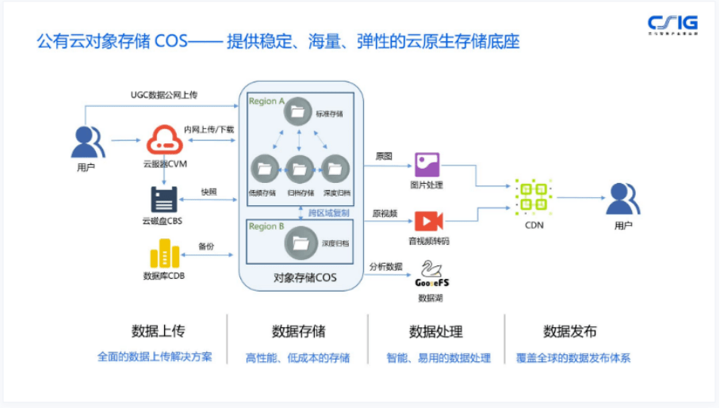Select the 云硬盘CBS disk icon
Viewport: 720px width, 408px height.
tap(165, 198)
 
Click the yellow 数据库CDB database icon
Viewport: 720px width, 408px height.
tap(165, 254)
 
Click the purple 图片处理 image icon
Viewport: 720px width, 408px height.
tap(427, 165)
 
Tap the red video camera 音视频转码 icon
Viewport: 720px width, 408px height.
tap(427, 220)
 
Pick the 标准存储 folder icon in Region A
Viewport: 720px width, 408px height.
tap(298, 112)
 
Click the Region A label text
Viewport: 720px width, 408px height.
tap(266, 101)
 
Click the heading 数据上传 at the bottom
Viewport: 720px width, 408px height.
tap(159, 331)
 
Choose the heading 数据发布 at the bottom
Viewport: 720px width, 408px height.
tap(570, 331)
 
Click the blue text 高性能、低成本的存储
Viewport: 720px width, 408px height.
tap(297, 358)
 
